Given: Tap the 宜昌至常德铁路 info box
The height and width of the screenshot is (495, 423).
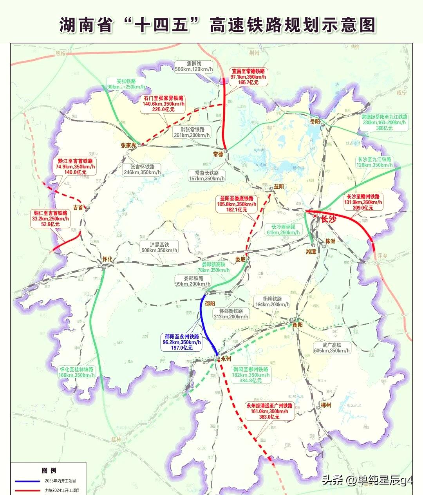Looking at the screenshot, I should (x=248, y=77).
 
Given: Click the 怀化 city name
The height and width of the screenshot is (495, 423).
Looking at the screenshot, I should (x=107, y=259).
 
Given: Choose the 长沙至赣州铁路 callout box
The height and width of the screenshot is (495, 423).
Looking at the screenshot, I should (x=364, y=202).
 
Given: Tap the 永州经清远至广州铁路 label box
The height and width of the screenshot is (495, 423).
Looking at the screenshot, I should (x=269, y=412).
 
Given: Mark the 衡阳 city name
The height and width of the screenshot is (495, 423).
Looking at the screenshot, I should (x=298, y=325).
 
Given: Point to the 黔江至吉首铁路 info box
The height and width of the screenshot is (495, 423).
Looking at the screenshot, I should (x=75, y=166).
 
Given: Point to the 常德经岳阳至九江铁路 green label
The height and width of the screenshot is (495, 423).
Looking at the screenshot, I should (x=384, y=122).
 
